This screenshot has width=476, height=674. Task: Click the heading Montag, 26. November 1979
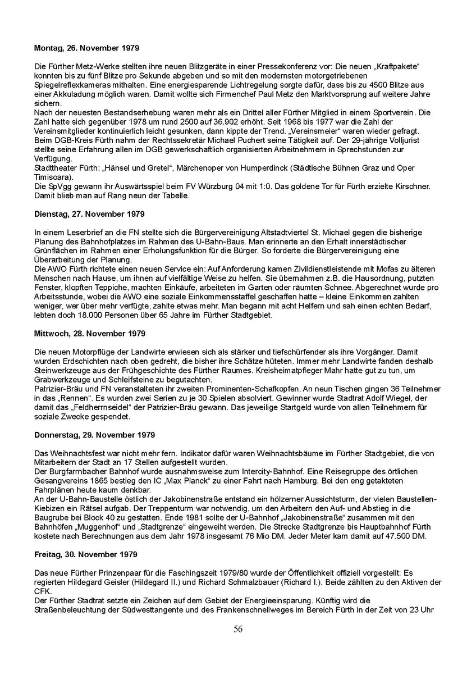point(87,48)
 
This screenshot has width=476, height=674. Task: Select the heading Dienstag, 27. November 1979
point(89,214)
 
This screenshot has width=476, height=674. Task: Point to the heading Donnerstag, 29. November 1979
point(95,435)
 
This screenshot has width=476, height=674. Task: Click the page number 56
point(238,629)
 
